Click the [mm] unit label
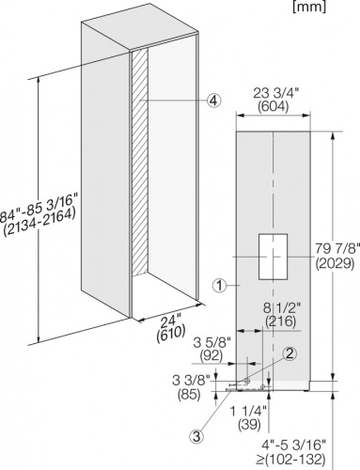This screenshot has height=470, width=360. [x=309, y=7]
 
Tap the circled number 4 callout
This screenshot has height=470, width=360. [x=213, y=101]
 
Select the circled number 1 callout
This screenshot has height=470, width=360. [x=220, y=286]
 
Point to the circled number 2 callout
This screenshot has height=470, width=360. [x=290, y=353]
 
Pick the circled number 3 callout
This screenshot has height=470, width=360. [x=196, y=436]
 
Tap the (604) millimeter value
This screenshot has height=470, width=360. [x=273, y=107]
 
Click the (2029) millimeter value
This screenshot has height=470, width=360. [x=335, y=263]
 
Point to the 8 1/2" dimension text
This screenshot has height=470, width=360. [x=281, y=308]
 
